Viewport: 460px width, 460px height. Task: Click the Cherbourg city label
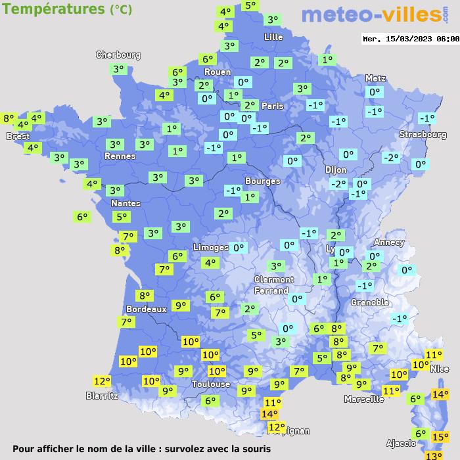pyautogui.click(x=118, y=55)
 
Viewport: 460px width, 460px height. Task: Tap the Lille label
pyautogui.click(x=273, y=37)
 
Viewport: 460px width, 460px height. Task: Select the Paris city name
pyautogui.click(x=272, y=106)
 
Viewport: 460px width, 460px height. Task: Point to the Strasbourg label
pyautogui.click(x=423, y=135)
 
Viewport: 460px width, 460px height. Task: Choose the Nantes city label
pyautogui.click(x=125, y=203)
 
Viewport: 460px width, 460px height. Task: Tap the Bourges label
pyautogui.click(x=262, y=181)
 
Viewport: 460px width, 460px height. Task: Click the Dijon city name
pyautogui.click(x=336, y=170)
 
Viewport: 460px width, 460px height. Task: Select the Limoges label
pyautogui.click(x=210, y=248)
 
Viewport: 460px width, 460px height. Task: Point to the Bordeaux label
pyautogui.click(x=146, y=308)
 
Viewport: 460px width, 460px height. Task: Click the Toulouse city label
pyautogui.click(x=211, y=384)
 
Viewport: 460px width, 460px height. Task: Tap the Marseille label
pyautogui.click(x=364, y=399)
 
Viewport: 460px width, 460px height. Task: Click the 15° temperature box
pyautogui.click(x=440, y=436)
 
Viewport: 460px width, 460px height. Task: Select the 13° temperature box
pyautogui.click(x=433, y=455)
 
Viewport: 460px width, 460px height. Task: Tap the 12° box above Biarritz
pyautogui.click(x=102, y=381)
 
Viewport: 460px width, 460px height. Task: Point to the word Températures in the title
pyautogui.click(x=53, y=9)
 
